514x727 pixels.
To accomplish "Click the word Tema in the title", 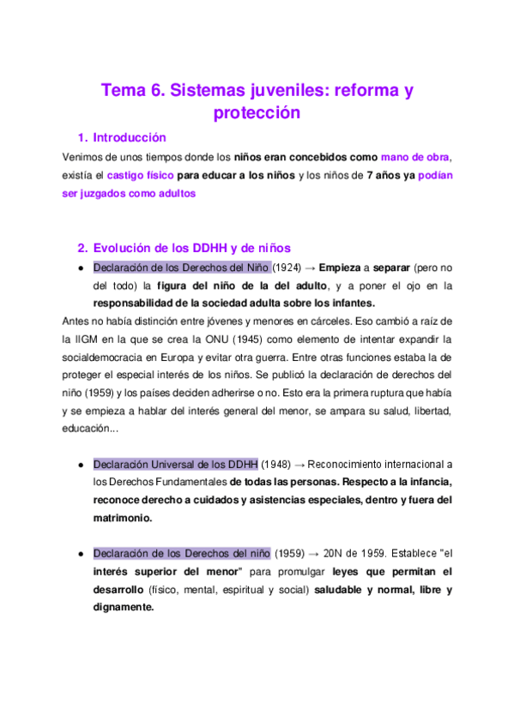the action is pos(125,89).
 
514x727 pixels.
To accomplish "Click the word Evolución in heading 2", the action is pos(127,248).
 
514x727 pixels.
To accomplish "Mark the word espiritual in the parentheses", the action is pos(246,590).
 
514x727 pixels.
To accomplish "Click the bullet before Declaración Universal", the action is pos(80,464).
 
